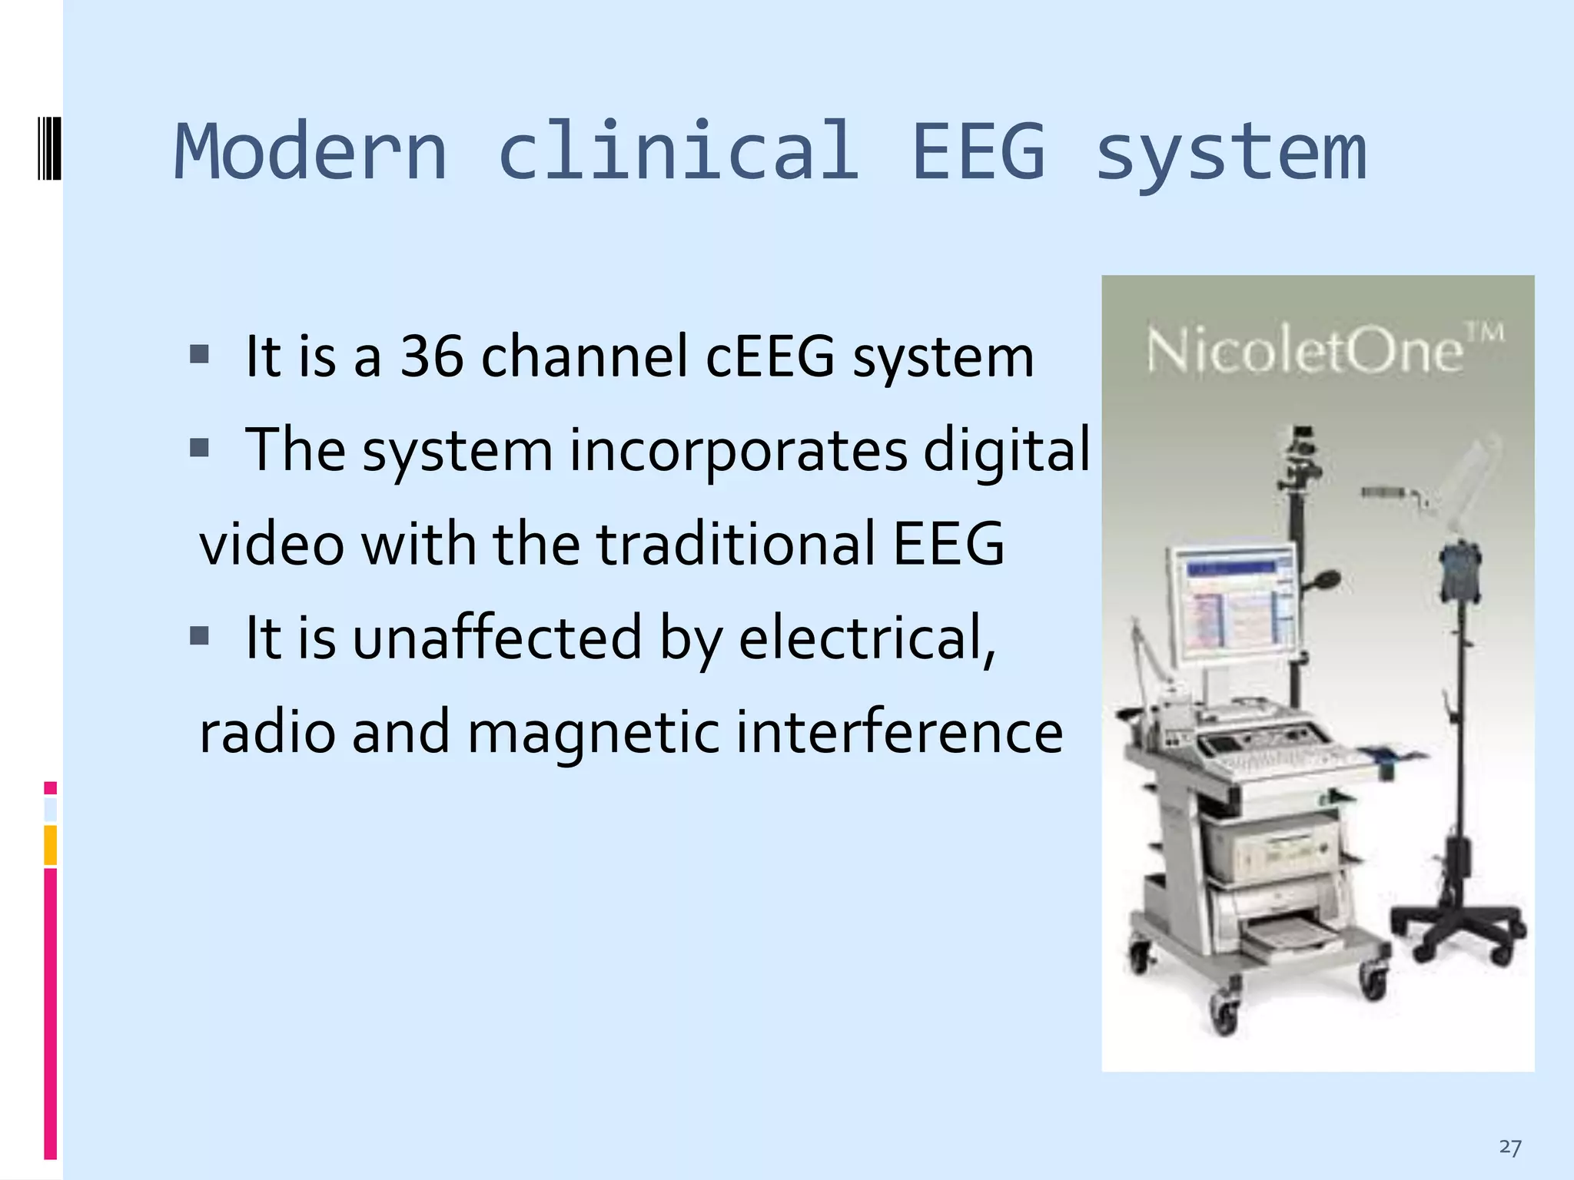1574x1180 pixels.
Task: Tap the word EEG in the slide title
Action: point(978,151)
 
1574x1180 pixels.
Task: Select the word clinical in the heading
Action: point(678,151)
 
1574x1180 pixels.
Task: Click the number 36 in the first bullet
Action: point(432,356)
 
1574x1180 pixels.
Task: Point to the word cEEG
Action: point(770,356)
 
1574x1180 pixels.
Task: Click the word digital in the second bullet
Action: point(1006,450)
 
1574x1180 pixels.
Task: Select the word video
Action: point(271,544)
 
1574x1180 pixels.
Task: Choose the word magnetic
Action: point(593,732)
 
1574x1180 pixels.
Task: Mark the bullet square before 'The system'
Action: point(200,448)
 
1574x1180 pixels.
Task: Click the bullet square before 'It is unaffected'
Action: point(200,635)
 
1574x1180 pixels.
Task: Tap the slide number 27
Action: point(1509,1148)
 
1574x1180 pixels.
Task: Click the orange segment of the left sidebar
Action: point(51,845)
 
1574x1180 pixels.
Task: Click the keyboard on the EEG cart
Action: point(1291,761)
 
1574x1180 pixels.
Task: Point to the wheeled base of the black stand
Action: point(1456,930)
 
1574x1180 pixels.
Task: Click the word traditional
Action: point(736,544)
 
